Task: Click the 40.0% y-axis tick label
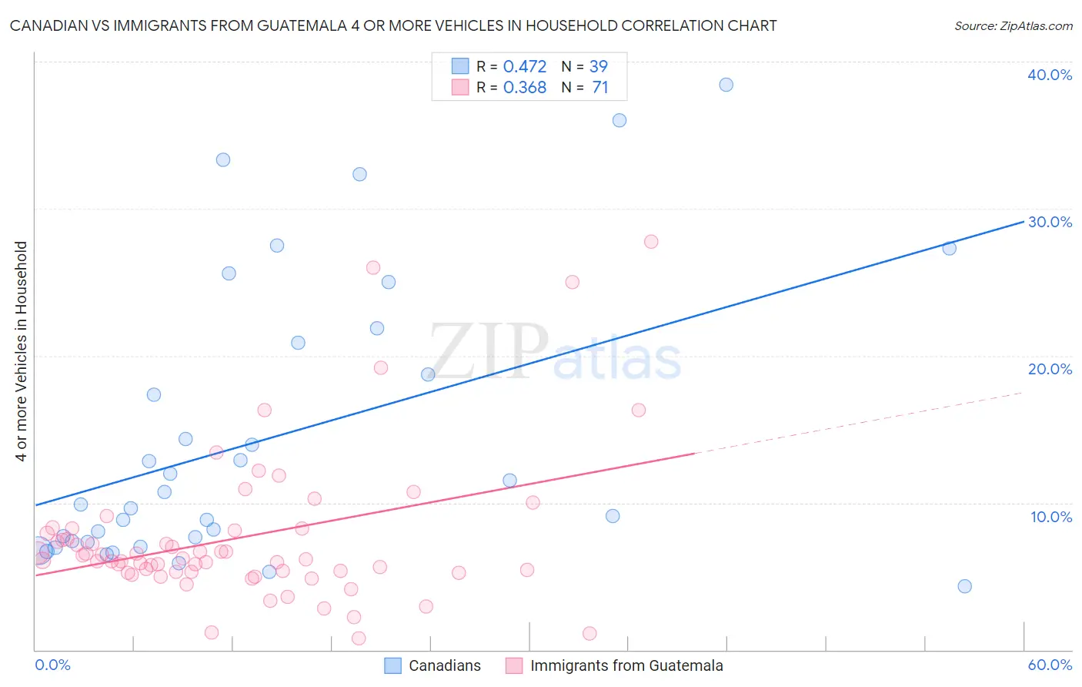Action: (x=1050, y=75)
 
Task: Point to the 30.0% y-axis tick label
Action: (x=1050, y=222)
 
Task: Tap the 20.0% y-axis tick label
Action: (x=1050, y=369)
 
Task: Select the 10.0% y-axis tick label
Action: (x=1051, y=517)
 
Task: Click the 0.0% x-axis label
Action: (x=52, y=665)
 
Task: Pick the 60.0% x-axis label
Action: (x=1050, y=665)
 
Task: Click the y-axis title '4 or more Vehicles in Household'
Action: (x=22, y=351)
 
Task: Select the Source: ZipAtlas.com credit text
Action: (x=1013, y=25)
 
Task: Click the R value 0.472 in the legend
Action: (x=524, y=66)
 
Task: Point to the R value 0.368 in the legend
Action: (x=524, y=87)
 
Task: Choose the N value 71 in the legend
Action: (x=599, y=87)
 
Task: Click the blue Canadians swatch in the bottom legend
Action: (x=392, y=665)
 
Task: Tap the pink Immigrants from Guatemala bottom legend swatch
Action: (x=514, y=665)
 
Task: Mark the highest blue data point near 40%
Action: (x=726, y=85)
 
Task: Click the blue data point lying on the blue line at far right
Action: (x=949, y=248)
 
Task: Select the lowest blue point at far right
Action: (x=964, y=586)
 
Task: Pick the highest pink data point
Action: (x=651, y=242)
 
